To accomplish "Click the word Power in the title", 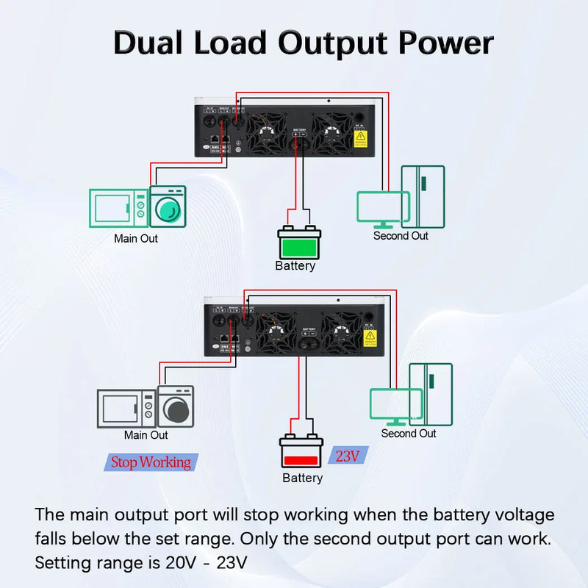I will pyautogui.click(x=445, y=43).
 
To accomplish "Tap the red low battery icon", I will pyautogui.click(x=301, y=451).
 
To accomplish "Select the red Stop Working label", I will pyautogui.click(x=150, y=462).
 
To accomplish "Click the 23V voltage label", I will pyautogui.click(x=348, y=456).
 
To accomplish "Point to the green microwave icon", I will pyautogui.click(x=118, y=207).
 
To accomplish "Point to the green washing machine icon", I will pyautogui.click(x=168, y=206).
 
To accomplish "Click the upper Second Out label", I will pyautogui.click(x=401, y=236).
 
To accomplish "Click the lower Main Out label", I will pyautogui.click(x=146, y=435).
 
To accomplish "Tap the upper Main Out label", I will pyautogui.click(x=135, y=238).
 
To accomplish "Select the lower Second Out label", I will pyautogui.click(x=409, y=434).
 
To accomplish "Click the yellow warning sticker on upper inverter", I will pyautogui.click(x=360, y=136).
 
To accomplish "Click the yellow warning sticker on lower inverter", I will pyautogui.click(x=370, y=339).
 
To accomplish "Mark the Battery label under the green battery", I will pyautogui.click(x=295, y=266).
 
